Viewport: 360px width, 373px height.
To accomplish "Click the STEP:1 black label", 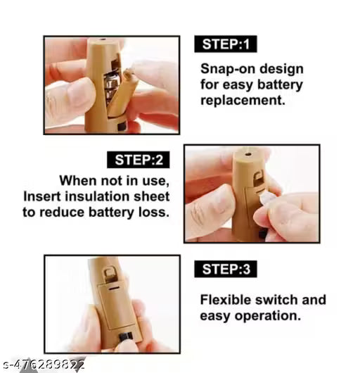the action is click(226, 44).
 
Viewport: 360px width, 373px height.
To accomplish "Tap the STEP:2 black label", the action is click(139, 160).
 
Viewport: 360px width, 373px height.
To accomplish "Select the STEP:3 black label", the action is click(226, 269).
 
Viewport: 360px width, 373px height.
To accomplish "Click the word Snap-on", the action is click(228, 69).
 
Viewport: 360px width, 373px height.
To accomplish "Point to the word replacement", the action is click(243, 101).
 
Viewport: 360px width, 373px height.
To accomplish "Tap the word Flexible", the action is click(226, 300).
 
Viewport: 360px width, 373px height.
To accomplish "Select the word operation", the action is click(268, 317).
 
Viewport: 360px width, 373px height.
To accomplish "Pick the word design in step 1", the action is click(281, 69).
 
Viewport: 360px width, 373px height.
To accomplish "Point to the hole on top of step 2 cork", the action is click(248, 154).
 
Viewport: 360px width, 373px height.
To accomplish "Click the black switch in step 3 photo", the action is click(125, 336).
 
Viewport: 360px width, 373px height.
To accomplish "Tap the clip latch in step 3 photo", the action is click(110, 273).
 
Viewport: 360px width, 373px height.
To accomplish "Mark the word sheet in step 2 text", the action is click(151, 196).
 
